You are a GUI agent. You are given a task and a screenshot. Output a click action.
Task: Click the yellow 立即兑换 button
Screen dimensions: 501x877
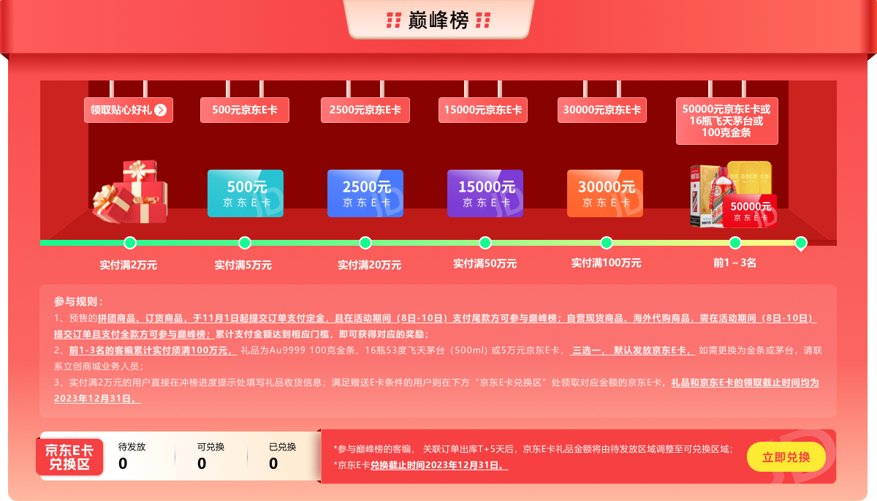coord(786,457)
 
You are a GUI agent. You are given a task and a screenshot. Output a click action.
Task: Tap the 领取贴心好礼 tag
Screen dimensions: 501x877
coord(129,110)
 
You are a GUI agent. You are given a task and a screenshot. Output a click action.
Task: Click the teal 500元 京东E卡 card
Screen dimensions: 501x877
coord(245,193)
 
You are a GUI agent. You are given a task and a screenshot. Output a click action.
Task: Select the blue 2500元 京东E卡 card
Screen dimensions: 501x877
coord(365,193)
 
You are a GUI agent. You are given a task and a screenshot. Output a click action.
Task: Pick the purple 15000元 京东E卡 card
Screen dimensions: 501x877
coord(485,193)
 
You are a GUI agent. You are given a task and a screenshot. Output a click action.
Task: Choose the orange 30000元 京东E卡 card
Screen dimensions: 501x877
coord(605,193)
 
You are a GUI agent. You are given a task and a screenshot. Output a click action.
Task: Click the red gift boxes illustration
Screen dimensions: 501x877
coord(130,192)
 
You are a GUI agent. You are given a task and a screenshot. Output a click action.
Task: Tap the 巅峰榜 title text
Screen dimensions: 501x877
coord(438,20)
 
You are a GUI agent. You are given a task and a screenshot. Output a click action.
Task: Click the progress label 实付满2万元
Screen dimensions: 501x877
coord(129,265)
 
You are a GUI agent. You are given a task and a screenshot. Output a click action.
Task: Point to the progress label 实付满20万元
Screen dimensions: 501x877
coord(369,265)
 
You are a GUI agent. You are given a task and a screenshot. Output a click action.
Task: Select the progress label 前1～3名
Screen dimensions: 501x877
coord(734,263)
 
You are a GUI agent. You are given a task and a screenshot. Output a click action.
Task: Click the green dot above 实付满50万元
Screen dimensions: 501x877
coord(485,243)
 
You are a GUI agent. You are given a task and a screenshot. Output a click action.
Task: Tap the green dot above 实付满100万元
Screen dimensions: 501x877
coord(606,243)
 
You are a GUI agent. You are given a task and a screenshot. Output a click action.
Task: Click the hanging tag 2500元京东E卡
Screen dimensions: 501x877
coord(365,110)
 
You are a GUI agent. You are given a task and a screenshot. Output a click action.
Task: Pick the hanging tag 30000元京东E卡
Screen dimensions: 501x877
coord(602,110)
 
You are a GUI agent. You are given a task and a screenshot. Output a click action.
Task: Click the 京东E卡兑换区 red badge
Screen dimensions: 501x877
coord(69,457)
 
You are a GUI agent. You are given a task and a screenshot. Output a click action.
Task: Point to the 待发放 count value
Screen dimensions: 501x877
coord(123,464)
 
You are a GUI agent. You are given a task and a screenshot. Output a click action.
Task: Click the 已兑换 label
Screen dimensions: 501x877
coord(282,447)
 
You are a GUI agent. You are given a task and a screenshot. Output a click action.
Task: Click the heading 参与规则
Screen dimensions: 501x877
coord(78,301)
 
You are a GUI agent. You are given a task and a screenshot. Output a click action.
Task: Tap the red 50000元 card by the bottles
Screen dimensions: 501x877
coord(751,211)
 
